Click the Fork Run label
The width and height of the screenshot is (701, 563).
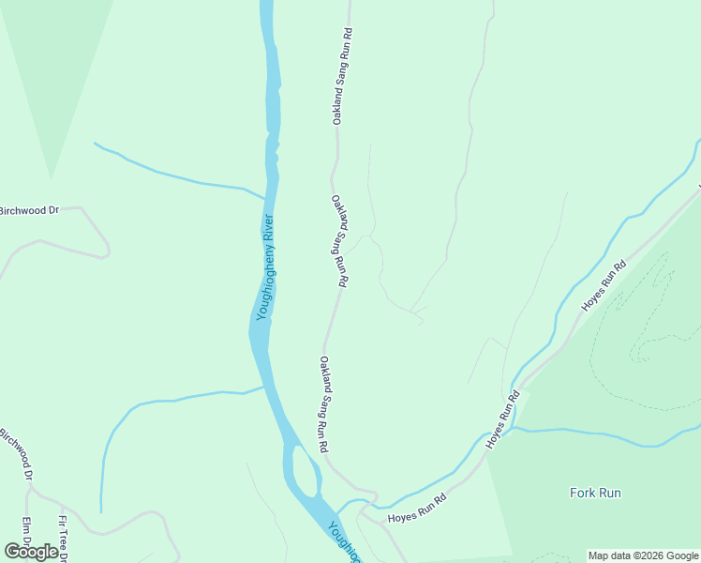pyautogui.click(x=595, y=493)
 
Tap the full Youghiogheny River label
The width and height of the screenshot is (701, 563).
pyautogui.click(x=265, y=267)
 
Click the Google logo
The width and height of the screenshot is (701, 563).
pyautogui.click(x=31, y=552)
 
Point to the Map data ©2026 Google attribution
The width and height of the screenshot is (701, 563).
pyautogui.click(x=644, y=555)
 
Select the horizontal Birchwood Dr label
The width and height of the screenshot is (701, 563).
pyautogui.click(x=29, y=210)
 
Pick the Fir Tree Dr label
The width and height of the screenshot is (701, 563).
pyautogui.click(x=64, y=539)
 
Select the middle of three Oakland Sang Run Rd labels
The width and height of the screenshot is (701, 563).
pyautogui.click(x=339, y=240)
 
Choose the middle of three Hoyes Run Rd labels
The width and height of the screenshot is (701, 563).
pyautogui.click(x=501, y=419)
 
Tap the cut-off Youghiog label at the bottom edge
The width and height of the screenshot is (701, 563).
pyautogui.click(x=342, y=542)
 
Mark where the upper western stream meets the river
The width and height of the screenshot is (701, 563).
pyautogui.click(x=267, y=199)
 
